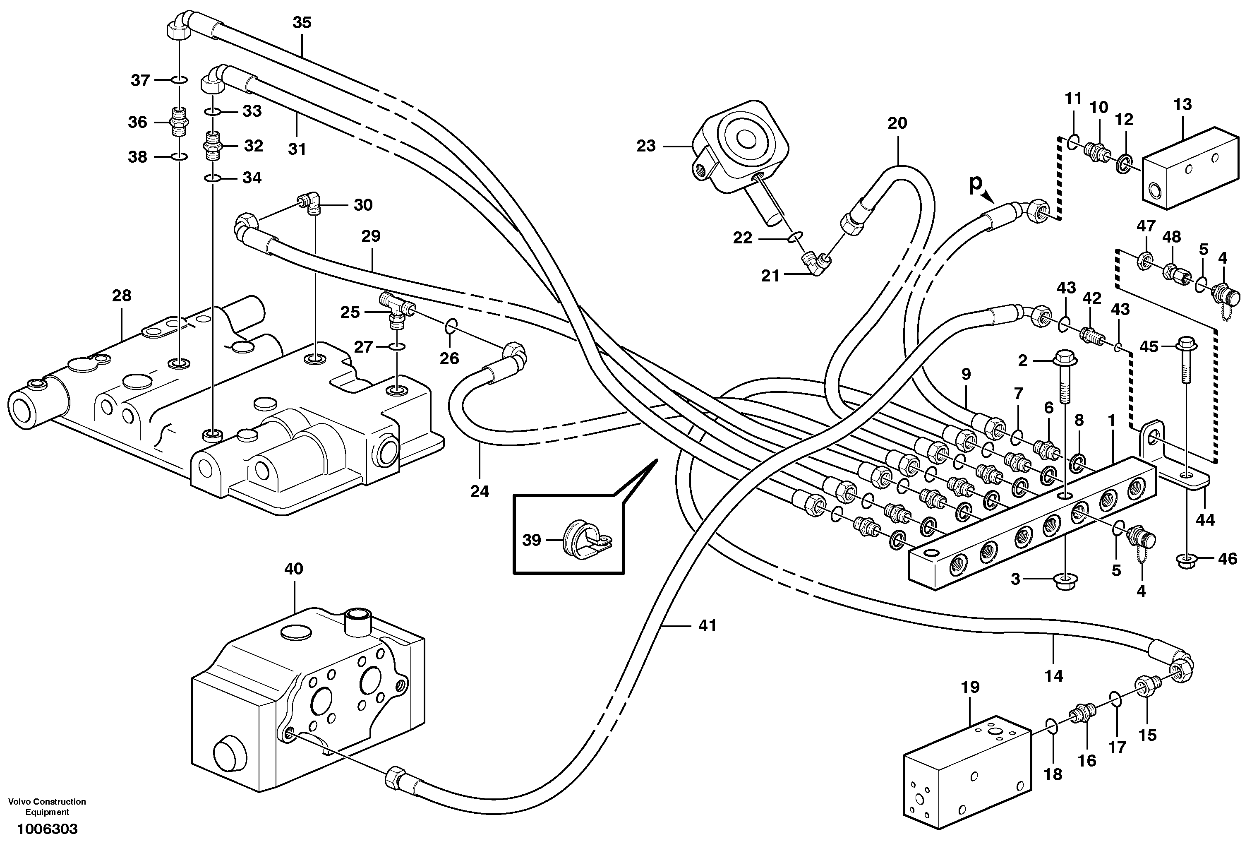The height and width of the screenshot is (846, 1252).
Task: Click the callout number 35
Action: coord(302,23)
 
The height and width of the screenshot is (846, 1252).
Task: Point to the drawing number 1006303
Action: coord(48,829)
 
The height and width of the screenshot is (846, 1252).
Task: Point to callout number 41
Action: coord(708,626)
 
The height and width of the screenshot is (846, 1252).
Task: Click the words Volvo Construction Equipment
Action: coord(48,807)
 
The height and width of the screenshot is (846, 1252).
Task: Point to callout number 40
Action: coord(294,569)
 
